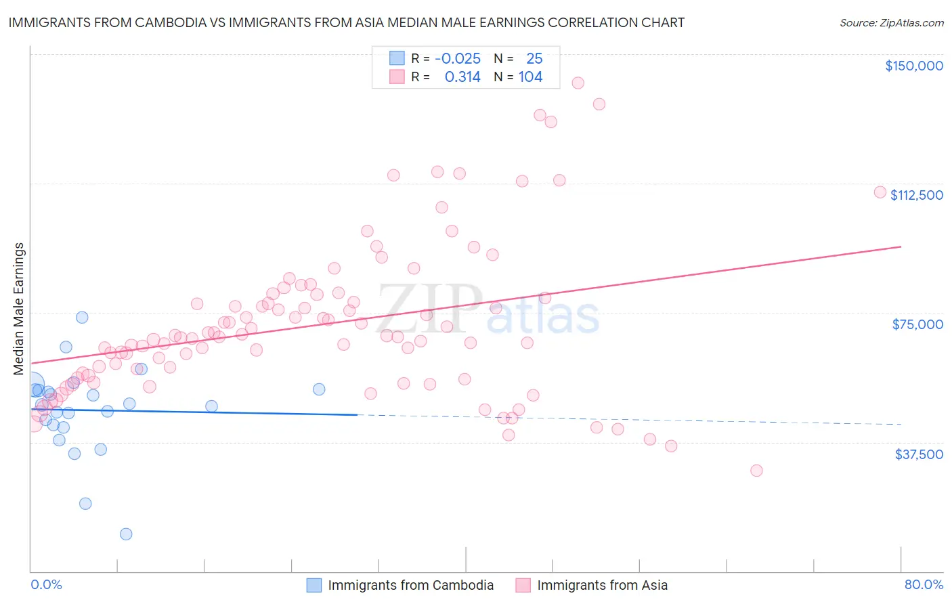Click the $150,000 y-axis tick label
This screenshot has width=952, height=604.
(x=913, y=66)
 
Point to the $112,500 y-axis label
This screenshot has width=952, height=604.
(x=916, y=195)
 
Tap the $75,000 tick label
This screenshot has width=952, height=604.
(x=917, y=324)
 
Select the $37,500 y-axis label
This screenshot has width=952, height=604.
(x=918, y=454)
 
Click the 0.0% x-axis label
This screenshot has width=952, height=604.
(x=46, y=584)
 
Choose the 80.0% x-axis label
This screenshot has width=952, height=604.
(x=924, y=584)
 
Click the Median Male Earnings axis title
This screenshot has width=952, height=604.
(x=19, y=309)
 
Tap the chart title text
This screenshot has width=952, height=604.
(x=346, y=22)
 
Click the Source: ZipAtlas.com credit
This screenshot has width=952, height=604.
(x=891, y=22)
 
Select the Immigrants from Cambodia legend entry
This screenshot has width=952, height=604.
(x=410, y=585)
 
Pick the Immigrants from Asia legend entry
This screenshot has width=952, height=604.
(x=602, y=585)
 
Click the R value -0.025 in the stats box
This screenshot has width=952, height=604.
(x=458, y=59)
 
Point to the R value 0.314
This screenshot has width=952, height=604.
(x=462, y=77)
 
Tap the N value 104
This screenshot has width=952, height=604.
(x=530, y=77)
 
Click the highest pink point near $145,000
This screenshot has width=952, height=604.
(x=578, y=83)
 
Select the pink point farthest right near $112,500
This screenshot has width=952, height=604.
(x=880, y=192)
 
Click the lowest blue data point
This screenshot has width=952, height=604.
(x=126, y=534)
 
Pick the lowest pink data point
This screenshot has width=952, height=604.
(x=756, y=470)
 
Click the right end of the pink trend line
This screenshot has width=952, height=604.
(x=901, y=246)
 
